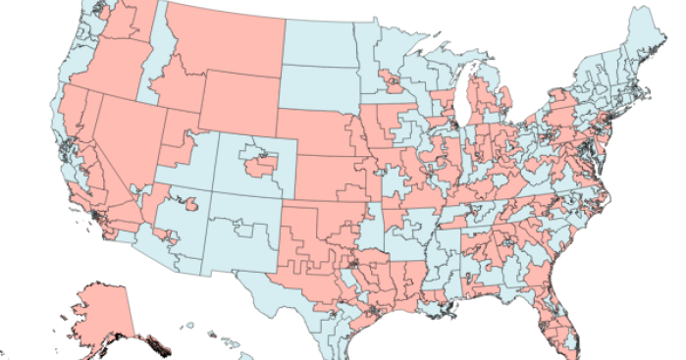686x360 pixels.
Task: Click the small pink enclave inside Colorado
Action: tap(261, 166)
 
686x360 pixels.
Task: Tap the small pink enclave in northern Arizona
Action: tap(191, 204)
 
